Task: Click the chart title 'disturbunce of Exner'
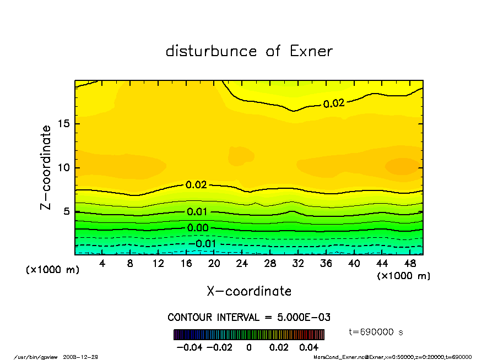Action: (249, 51)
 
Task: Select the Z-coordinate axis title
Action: (46, 167)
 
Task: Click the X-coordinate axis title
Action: (249, 291)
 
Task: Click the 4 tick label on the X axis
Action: (102, 264)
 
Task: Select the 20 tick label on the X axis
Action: (214, 264)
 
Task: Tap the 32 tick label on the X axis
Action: (298, 264)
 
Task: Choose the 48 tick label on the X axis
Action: (410, 264)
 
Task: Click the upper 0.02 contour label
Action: (334, 103)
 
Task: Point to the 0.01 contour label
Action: (197, 212)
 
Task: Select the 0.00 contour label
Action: (198, 228)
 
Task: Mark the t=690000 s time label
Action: (377, 332)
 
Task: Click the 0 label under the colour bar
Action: (249, 347)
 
